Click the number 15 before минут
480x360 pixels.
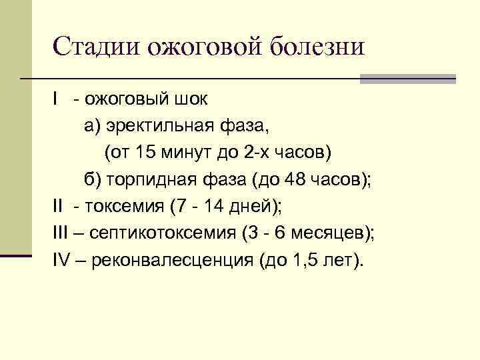pyautogui.click(x=144, y=153)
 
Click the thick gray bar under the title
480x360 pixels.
pyautogui.click(x=407, y=79)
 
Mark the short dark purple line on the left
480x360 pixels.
pyautogui.click(x=16, y=255)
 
